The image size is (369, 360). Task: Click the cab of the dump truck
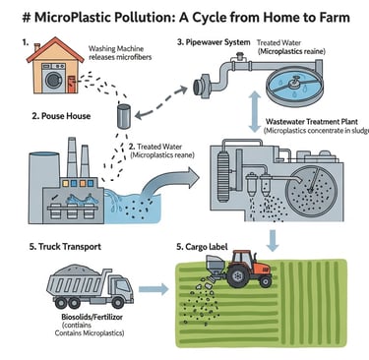pyautogui.click(x=117, y=289)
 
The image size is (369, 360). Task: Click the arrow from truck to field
pyautogui.click(x=152, y=289)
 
